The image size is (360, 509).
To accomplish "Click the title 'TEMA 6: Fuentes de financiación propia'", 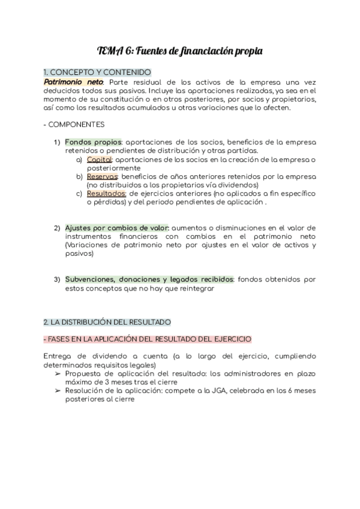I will coord(179,52).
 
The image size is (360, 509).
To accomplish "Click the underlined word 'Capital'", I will coord(99,160).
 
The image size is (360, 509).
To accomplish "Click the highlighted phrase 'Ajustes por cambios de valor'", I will coord(117,228).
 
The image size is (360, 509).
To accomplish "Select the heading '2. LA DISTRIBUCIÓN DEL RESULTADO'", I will coord(107,322).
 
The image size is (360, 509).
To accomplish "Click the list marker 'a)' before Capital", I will coord(79,160).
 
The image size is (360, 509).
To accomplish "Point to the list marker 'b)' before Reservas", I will coord(79,176).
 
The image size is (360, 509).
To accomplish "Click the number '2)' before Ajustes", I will coord(57,228).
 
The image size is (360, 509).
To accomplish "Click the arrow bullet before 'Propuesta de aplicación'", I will coord(58,374).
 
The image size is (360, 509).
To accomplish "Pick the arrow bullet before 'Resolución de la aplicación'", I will coord(58,391).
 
